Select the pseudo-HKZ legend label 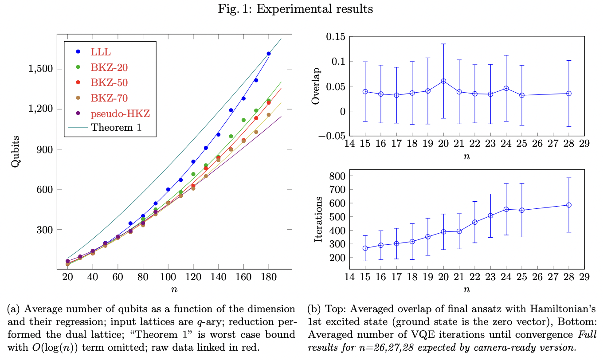(120, 113)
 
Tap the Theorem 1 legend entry (117, 129)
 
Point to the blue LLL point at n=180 (268, 54)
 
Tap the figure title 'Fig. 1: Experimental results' (301, 8)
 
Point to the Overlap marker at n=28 (568, 94)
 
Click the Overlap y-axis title (316, 86)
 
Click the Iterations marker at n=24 (506, 209)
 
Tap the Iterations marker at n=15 (365, 248)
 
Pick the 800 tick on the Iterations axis (337, 176)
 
